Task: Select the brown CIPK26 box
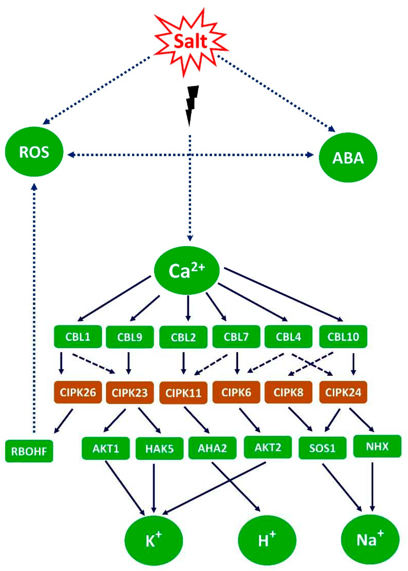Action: pyautogui.click(x=78, y=392)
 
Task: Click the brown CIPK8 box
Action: pyautogui.click(x=288, y=392)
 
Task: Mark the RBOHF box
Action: pyautogui.click(x=29, y=452)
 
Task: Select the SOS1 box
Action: pyautogui.click(x=322, y=448)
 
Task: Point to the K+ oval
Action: pyautogui.click(x=154, y=540)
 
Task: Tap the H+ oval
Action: pyautogui.click(x=267, y=540)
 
